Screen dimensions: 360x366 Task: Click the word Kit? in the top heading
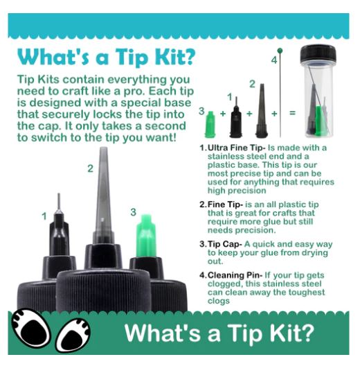pos(175,57)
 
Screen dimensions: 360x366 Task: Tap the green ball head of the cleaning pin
pos(280,51)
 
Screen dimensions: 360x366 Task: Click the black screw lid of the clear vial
pos(318,54)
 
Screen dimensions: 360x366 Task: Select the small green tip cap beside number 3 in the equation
pos(210,124)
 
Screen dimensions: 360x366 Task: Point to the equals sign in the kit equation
pos(292,113)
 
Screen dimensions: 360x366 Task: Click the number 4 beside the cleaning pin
pos(274,60)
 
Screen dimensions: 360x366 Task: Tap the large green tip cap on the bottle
pos(145,236)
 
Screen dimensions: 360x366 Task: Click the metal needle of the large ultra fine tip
pos(59,201)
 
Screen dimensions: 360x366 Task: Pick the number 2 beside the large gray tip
pos(91,168)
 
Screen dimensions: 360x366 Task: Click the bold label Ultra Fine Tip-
pos(237,148)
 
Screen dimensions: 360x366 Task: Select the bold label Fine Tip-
pos(225,204)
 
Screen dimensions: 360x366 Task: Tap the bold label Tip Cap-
pos(225,244)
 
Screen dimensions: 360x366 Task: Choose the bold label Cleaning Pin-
pos(235,275)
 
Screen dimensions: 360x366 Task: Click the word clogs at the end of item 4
pos(219,301)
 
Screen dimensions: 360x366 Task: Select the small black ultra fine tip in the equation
pos(236,117)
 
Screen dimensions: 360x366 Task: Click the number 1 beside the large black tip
pos(44,216)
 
